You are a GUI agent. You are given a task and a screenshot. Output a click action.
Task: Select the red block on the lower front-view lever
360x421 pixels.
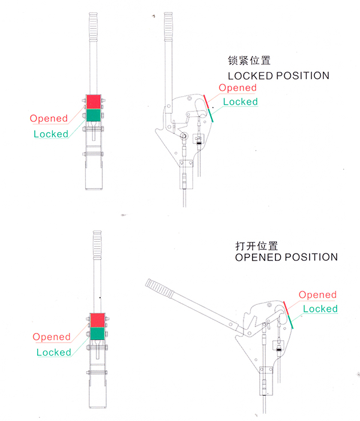click(97, 320)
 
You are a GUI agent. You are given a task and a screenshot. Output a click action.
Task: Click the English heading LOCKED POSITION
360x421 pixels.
click(278, 76)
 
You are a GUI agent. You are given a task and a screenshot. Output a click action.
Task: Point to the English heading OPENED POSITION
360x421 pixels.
click(286, 257)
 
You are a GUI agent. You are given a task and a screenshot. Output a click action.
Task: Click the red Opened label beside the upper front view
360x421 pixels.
click(49, 118)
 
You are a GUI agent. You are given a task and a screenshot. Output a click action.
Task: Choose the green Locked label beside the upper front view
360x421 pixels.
click(51, 134)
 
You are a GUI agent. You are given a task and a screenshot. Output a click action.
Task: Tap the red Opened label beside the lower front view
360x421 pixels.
click(51, 337)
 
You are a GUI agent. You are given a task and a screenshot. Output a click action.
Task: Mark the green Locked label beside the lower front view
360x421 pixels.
click(54, 352)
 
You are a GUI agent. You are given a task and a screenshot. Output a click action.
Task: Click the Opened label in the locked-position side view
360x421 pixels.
click(238, 88)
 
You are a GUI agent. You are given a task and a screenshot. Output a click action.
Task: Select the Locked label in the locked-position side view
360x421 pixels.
click(240, 102)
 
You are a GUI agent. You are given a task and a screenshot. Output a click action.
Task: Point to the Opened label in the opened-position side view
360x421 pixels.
click(318, 295)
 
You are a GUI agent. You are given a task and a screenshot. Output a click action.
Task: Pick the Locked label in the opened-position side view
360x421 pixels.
click(320, 309)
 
